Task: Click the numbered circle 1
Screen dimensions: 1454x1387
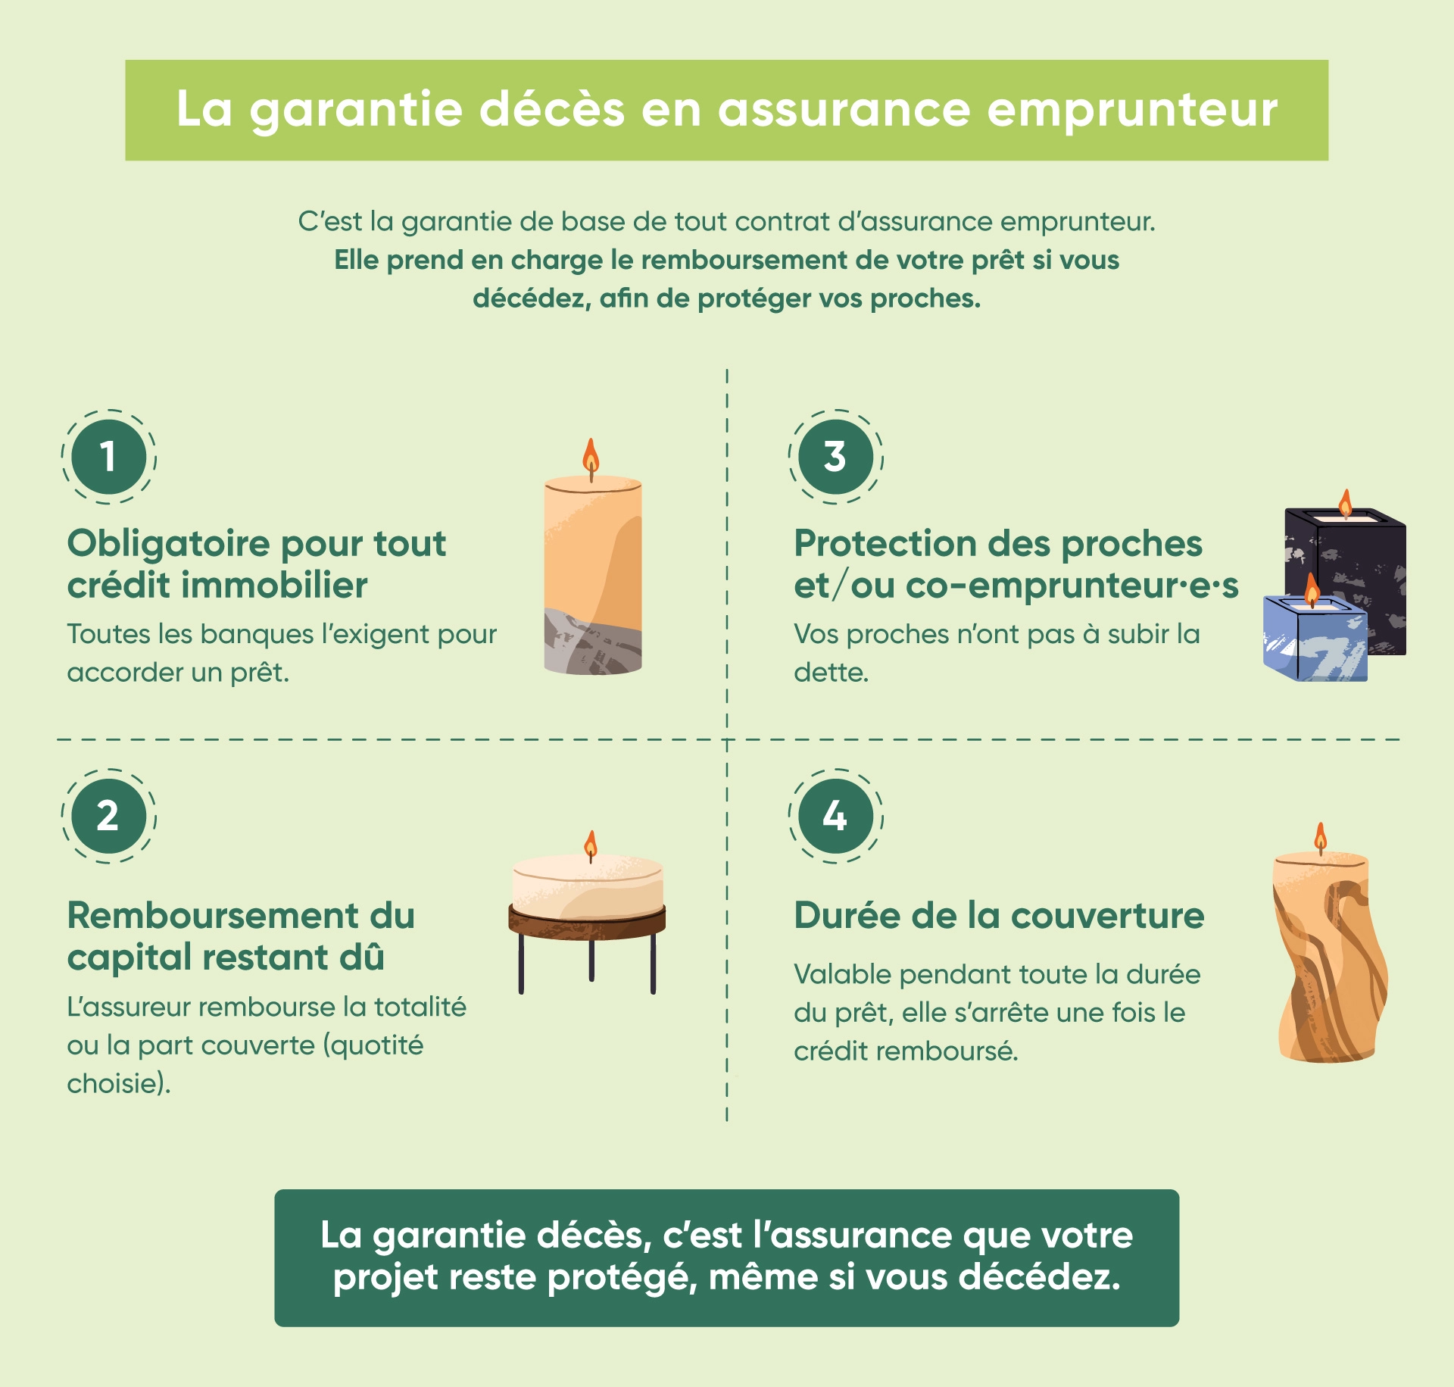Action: click(108, 457)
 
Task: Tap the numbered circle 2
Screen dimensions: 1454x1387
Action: click(108, 816)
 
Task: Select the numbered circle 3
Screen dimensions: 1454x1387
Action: click(835, 457)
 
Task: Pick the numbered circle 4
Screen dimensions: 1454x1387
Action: click(835, 816)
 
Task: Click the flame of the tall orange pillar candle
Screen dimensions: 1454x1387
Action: click(591, 456)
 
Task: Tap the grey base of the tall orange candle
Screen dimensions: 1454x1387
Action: click(592, 642)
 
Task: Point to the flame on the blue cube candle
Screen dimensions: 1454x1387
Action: click(1312, 589)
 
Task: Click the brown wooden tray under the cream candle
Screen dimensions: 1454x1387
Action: click(587, 921)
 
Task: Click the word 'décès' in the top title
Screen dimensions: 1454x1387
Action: click(553, 109)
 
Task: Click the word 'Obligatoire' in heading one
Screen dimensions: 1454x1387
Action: click(169, 545)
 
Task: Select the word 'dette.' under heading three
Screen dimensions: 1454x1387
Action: click(831, 672)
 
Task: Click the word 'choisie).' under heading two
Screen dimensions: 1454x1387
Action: click(119, 1083)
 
